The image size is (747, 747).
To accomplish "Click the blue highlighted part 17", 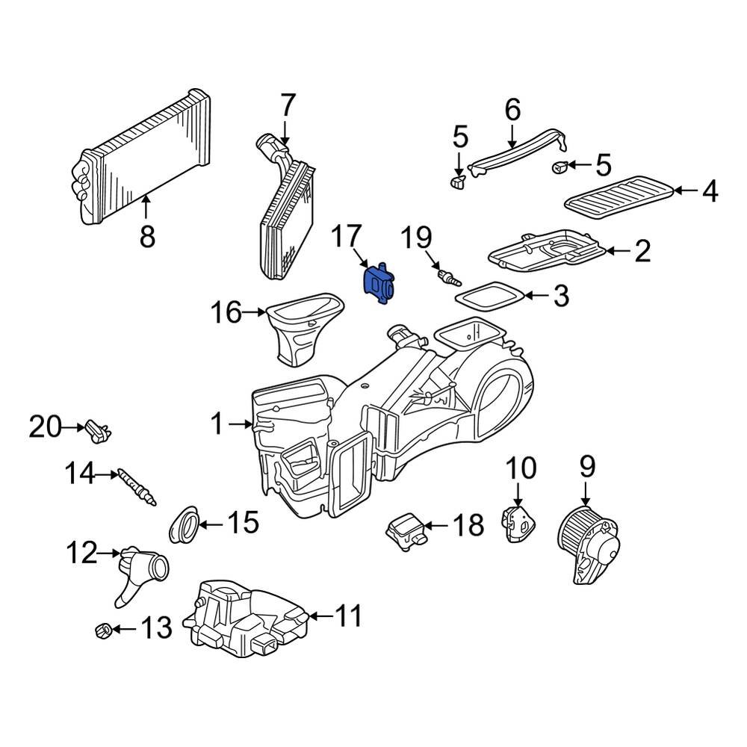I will [379, 285].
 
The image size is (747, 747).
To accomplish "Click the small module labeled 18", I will [407, 530].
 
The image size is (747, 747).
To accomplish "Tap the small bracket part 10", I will [518, 523].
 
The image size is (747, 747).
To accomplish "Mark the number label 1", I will [217, 425].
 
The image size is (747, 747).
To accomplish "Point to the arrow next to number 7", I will [287, 131].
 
